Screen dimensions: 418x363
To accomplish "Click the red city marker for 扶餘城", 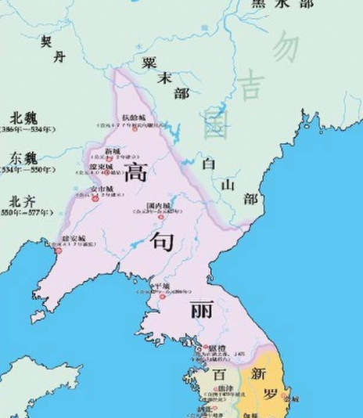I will pyautogui.click(x=134, y=128).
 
